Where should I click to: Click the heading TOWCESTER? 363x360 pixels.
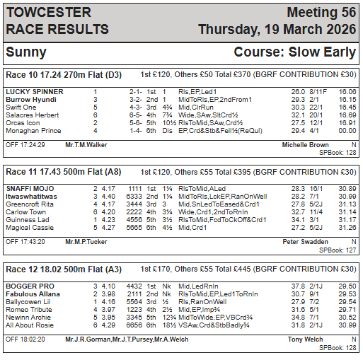(x=48, y=13)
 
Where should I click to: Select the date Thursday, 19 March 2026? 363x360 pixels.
(x=277, y=30)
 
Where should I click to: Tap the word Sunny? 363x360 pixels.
(x=26, y=52)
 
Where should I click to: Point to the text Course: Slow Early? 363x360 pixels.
(x=295, y=52)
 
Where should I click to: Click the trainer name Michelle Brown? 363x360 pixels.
(x=305, y=144)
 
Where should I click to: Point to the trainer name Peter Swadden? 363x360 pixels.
(x=306, y=241)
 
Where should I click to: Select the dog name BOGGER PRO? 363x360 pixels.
(x=28, y=286)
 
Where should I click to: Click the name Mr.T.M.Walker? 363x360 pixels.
(x=86, y=144)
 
